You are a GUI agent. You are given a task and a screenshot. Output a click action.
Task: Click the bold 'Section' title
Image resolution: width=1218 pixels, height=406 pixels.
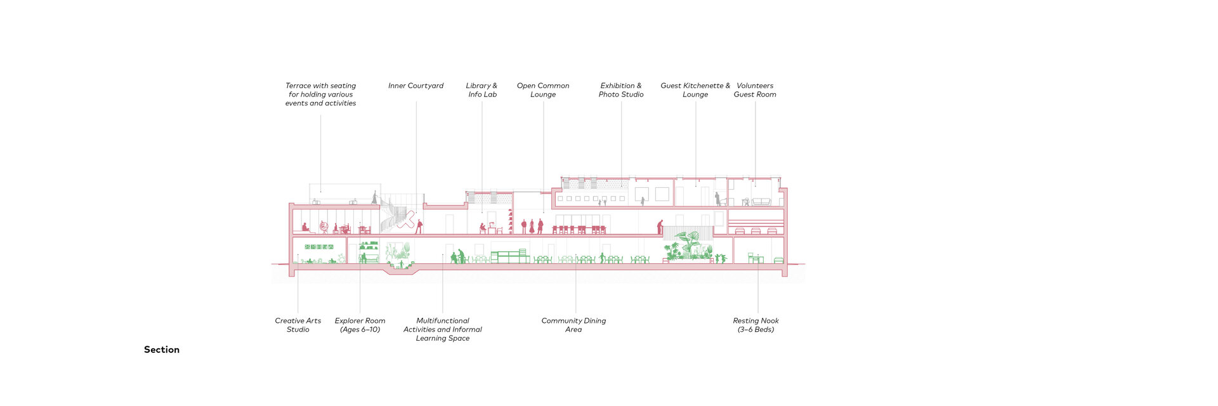click(162, 350)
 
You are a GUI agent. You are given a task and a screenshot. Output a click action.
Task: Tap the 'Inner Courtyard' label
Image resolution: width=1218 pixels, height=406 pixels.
click(416, 86)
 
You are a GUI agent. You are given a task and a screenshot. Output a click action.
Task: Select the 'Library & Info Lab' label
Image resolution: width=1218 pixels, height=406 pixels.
click(481, 90)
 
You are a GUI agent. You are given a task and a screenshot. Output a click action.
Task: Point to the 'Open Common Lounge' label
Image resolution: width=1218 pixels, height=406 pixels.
click(543, 90)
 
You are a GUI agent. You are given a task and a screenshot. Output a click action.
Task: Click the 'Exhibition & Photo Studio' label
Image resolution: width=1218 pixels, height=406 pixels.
click(621, 90)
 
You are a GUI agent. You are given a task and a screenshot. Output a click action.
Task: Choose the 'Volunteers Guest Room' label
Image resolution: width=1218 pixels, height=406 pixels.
click(755, 90)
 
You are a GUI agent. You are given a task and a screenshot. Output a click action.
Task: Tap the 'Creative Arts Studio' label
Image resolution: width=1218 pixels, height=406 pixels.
click(298, 325)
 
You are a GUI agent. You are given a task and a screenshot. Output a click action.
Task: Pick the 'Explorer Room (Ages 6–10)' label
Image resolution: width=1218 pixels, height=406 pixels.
click(360, 325)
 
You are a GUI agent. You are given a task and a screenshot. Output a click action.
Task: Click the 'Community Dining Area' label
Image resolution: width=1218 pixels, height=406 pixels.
click(573, 325)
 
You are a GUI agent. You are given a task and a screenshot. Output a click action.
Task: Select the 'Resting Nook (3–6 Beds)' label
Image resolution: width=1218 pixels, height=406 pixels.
click(756, 325)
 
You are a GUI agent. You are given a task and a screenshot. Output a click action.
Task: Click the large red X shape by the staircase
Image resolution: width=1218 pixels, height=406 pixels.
click(406, 220)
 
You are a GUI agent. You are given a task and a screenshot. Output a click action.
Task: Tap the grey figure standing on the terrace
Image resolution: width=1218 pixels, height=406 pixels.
click(374, 197)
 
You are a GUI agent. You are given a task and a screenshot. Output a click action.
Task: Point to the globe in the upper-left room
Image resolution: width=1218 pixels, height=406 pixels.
click(324, 226)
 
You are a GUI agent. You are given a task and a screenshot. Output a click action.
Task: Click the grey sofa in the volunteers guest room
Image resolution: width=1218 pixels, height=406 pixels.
click(761, 202)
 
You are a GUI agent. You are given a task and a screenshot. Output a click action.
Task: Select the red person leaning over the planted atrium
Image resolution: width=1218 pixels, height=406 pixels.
click(660, 226)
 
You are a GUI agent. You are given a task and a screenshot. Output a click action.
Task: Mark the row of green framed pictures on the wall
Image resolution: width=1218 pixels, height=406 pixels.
click(318, 247)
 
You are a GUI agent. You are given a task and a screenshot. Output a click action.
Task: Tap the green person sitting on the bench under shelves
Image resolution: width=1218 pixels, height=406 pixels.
click(364, 258)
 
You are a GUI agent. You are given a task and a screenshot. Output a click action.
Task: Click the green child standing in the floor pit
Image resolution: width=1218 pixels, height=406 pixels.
click(402, 263)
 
